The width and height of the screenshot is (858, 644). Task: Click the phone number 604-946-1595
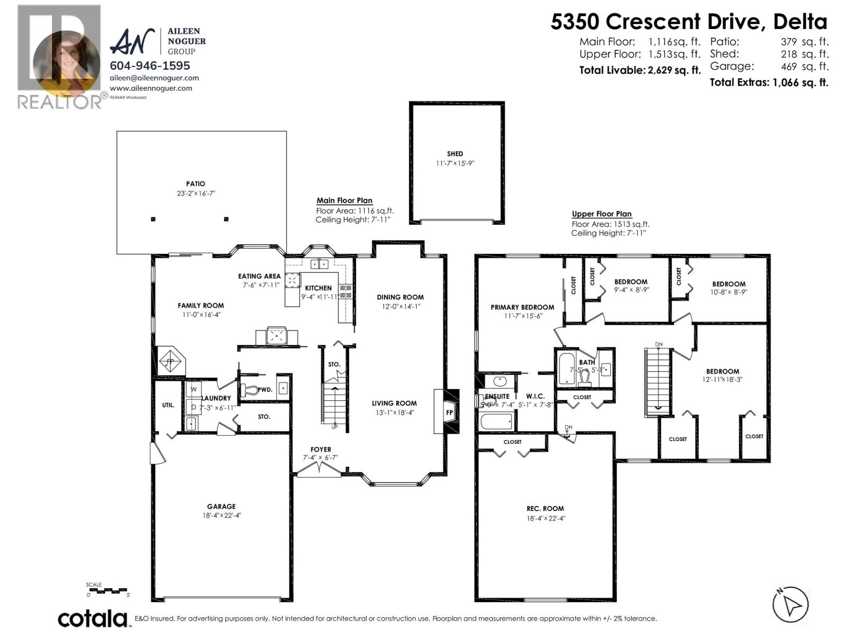[150, 65]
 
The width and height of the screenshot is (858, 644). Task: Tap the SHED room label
[455, 154]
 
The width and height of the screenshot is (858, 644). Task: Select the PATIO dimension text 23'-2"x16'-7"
[196, 193]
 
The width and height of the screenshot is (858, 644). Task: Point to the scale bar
[107, 590]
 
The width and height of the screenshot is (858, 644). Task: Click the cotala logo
[93, 618]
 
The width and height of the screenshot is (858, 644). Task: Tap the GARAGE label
[221, 507]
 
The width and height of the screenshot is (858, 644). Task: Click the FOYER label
[321, 450]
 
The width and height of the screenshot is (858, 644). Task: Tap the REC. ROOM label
[545, 509]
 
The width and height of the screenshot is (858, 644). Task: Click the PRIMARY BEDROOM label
[522, 308]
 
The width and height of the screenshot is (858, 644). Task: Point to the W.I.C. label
[535, 397]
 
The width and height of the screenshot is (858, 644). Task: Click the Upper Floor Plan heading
[602, 214]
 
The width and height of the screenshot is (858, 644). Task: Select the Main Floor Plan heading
[344, 201]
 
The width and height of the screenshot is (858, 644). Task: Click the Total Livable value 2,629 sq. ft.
[672, 70]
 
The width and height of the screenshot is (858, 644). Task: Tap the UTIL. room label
[168, 405]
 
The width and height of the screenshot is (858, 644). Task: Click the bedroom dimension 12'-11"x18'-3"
[722, 379]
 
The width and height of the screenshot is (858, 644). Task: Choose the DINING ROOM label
[400, 297]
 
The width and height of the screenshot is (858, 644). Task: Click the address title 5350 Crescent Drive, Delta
[689, 21]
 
